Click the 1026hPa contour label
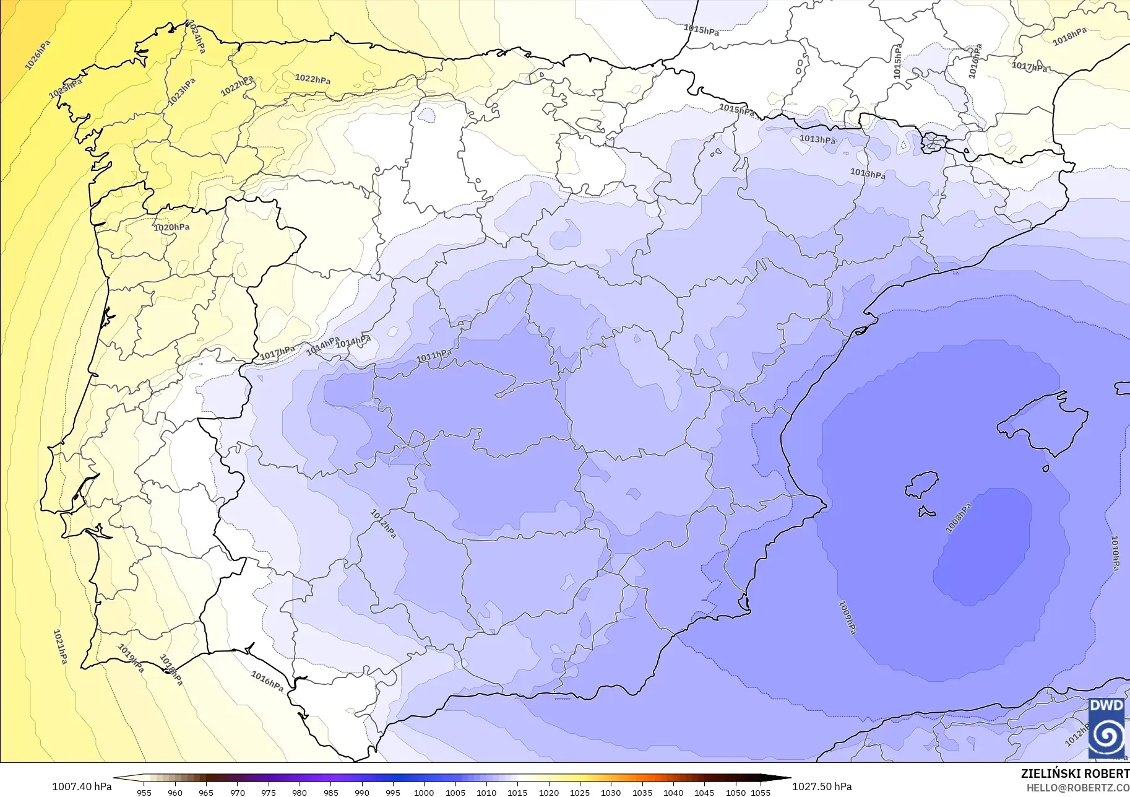[38, 55]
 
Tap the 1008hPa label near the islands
[958, 518]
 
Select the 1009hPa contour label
[847, 617]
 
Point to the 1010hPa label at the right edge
[1115, 553]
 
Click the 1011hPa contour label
[433, 356]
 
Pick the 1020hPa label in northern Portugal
[171, 227]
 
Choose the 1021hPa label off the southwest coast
[60, 647]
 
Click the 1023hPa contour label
[181, 91]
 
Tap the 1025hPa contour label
[66, 89]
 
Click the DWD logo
[1106, 728]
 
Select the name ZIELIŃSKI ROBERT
[1075, 774]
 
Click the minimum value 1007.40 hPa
[82, 786]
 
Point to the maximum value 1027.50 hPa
[822, 786]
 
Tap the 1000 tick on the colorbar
[424, 792]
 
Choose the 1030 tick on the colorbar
[610, 792]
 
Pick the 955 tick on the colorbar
[144, 792]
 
